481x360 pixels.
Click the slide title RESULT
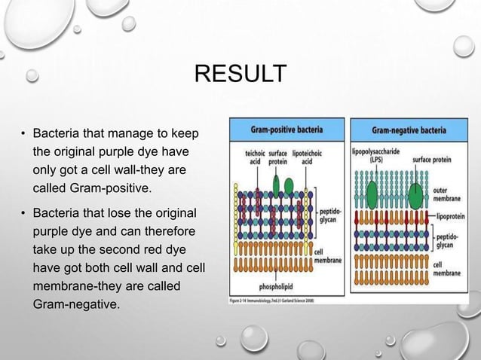240,75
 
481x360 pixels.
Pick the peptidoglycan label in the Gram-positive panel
331,215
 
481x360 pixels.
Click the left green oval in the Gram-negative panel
372,195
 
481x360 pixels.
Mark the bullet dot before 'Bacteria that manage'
23,136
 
